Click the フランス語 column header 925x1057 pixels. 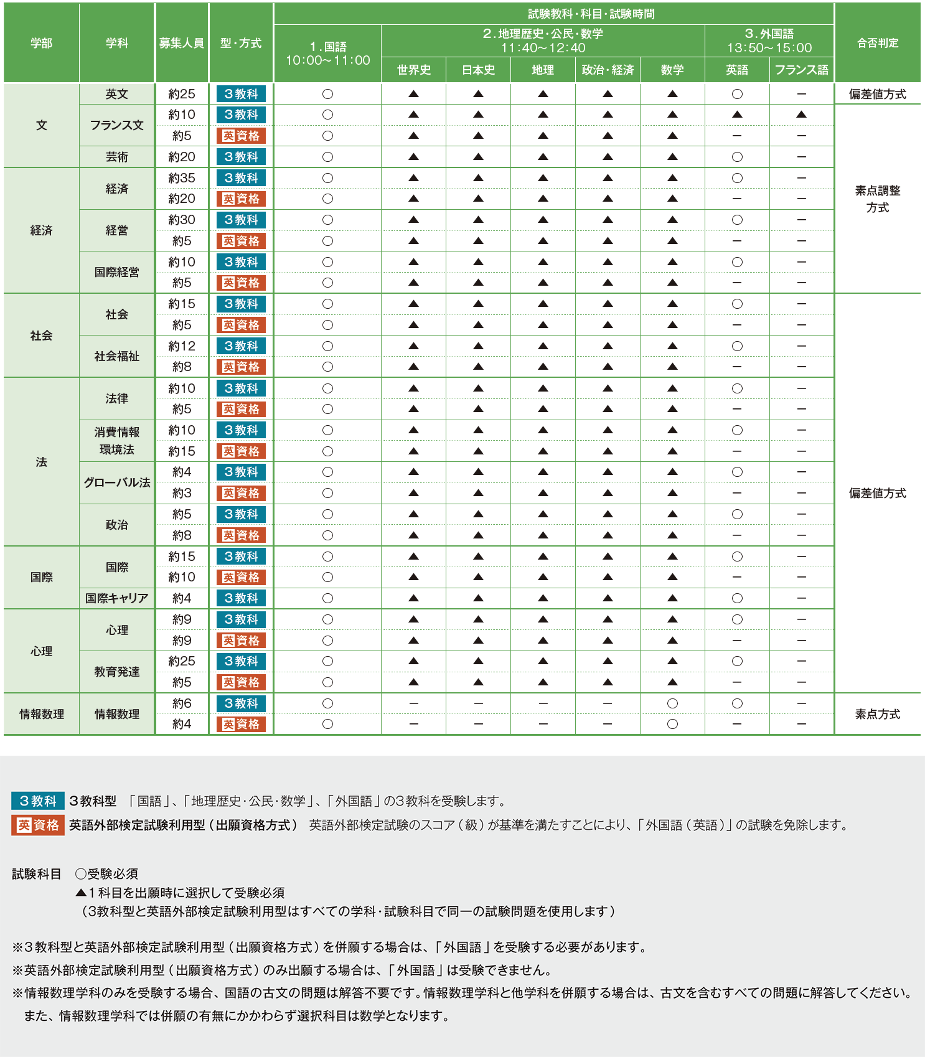[801, 70]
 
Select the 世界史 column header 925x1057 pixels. [413, 70]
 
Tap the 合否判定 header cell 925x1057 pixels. [877, 43]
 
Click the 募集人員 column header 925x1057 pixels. [181, 43]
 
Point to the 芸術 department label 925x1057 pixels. [116, 157]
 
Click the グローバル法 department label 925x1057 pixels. [116, 482]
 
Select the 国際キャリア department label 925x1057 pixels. [116, 598]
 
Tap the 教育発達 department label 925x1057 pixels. [116, 672]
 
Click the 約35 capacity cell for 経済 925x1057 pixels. [181, 178]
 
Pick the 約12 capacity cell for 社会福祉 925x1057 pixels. [181, 346]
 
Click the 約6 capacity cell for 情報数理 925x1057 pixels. [181, 703]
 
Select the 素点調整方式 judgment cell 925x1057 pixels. [877, 199]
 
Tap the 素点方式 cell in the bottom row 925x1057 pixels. [877, 714]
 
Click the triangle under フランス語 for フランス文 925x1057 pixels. [801, 115]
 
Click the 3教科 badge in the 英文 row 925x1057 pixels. [241, 94]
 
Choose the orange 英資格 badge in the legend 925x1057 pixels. [38, 825]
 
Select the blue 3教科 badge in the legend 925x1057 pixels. [38, 801]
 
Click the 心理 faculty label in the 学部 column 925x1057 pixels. [41, 651]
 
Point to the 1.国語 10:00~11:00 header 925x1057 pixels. [327, 54]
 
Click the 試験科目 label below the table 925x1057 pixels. [37, 874]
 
